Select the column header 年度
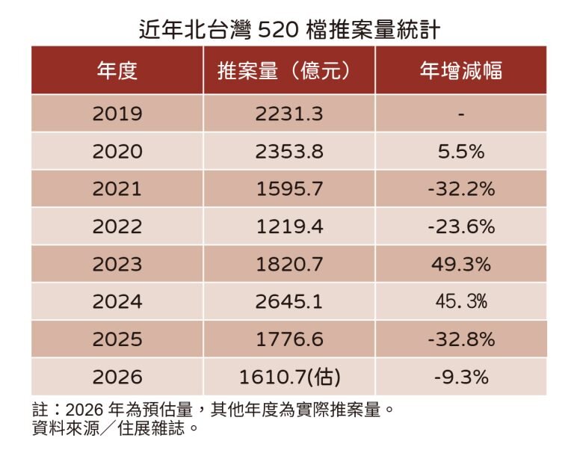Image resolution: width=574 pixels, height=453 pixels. click(x=117, y=71)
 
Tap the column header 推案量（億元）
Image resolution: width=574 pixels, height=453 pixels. click(x=288, y=71)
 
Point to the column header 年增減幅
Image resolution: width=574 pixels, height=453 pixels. click(x=460, y=71)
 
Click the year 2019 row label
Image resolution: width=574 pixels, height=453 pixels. click(x=117, y=114)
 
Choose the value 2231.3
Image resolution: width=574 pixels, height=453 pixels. click(x=288, y=114)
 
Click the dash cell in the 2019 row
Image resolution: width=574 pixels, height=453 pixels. click(x=461, y=114)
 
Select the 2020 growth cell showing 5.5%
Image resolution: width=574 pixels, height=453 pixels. click(x=461, y=152)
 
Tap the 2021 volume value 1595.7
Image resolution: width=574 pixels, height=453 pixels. click(x=288, y=189)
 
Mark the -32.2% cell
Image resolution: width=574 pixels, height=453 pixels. click(x=461, y=189)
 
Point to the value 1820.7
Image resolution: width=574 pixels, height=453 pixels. click(x=288, y=264)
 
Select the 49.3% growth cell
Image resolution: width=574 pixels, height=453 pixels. click(x=461, y=264)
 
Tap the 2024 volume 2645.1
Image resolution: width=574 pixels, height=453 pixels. click(x=288, y=301)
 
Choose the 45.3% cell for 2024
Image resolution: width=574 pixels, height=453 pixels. click(x=461, y=301)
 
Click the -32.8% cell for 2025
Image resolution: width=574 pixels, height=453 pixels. click(x=461, y=339)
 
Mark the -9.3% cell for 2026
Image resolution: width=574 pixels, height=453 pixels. click(x=461, y=377)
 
